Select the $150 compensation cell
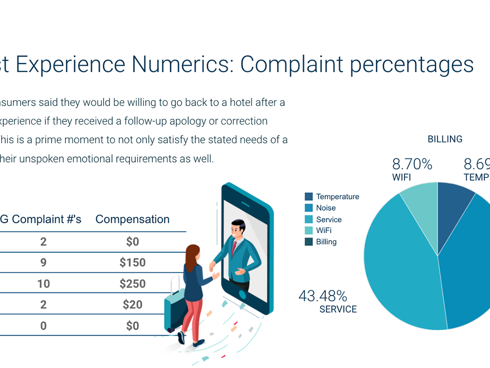point(132,263)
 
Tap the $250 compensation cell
point(132,284)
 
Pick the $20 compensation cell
point(132,305)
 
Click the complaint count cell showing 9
point(43,263)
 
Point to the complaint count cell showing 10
point(43,284)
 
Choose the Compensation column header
point(132,220)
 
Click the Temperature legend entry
point(337,197)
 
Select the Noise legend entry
point(325,208)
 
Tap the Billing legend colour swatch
point(309,242)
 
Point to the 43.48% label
point(323,296)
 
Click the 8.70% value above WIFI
point(412,164)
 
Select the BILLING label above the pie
point(445,139)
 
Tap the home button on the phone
point(242,294)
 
